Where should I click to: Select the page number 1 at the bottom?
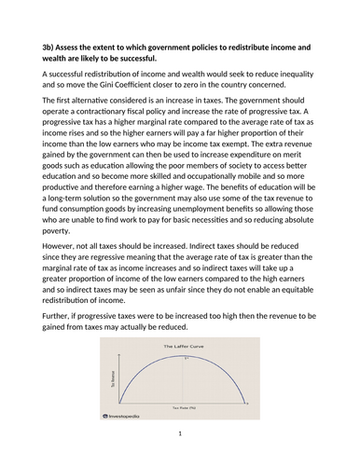pyautogui.click(x=180, y=459)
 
